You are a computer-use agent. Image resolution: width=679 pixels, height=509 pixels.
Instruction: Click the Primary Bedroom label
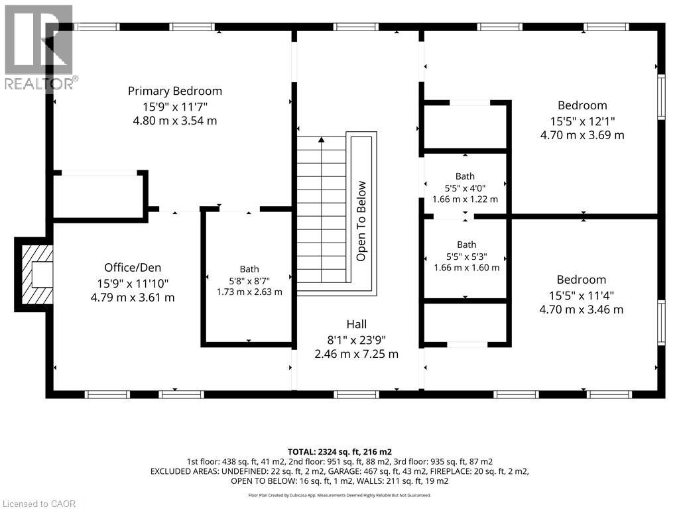tap(175, 91)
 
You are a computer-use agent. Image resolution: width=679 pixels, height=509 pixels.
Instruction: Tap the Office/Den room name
tap(133, 268)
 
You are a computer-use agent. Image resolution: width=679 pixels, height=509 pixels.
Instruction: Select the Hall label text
tap(356, 324)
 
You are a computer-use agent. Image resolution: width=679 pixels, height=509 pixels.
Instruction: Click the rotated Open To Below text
tap(361, 221)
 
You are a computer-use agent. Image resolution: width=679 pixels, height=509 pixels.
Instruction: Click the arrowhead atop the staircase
tap(322, 140)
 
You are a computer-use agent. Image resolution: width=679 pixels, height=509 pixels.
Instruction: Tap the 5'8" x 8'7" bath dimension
tap(249, 280)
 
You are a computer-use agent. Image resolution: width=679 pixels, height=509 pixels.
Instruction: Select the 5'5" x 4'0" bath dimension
tap(465, 188)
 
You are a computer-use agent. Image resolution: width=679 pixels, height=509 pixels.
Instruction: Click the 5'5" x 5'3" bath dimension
tap(467, 256)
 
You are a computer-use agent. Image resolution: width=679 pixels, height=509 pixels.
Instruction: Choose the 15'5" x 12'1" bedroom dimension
tap(582, 121)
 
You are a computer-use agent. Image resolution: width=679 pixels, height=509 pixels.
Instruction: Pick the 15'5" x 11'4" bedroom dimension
tap(582, 296)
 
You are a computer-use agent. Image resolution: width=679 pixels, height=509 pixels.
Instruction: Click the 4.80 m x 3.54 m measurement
tap(175, 121)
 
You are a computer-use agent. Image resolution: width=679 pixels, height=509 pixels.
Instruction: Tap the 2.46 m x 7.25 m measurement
tap(356, 354)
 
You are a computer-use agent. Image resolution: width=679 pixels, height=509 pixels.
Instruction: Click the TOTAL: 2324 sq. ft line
tap(339, 452)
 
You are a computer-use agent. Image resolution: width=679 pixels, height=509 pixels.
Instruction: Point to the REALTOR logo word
tap(41, 83)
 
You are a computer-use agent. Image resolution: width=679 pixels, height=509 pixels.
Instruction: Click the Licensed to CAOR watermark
tap(38, 504)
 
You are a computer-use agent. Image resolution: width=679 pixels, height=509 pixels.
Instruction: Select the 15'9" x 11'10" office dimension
tap(133, 284)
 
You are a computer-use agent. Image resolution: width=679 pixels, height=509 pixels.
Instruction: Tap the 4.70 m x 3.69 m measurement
tap(582, 135)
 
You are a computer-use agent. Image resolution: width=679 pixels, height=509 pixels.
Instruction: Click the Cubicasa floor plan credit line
tap(339, 495)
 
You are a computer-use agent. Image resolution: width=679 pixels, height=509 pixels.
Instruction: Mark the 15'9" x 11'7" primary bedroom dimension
tap(175, 107)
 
